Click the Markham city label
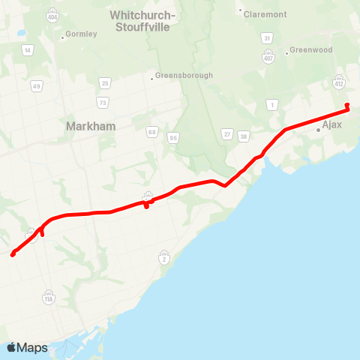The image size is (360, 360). click(x=91, y=126)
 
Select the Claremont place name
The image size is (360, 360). click(x=266, y=13)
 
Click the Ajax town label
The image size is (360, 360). click(x=331, y=124)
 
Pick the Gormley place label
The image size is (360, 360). click(x=82, y=34)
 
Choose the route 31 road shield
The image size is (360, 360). click(x=267, y=37)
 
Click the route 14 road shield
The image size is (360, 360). click(x=27, y=50)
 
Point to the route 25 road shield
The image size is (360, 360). click(x=105, y=82)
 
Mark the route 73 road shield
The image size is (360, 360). click(x=102, y=101)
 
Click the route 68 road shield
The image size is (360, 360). click(x=152, y=132)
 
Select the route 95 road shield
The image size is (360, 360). click(x=173, y=137)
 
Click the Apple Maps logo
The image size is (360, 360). click(x=27, y=347)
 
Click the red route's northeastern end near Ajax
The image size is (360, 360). click(x=346, y=105)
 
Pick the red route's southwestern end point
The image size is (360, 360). click(x=13, y=254)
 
